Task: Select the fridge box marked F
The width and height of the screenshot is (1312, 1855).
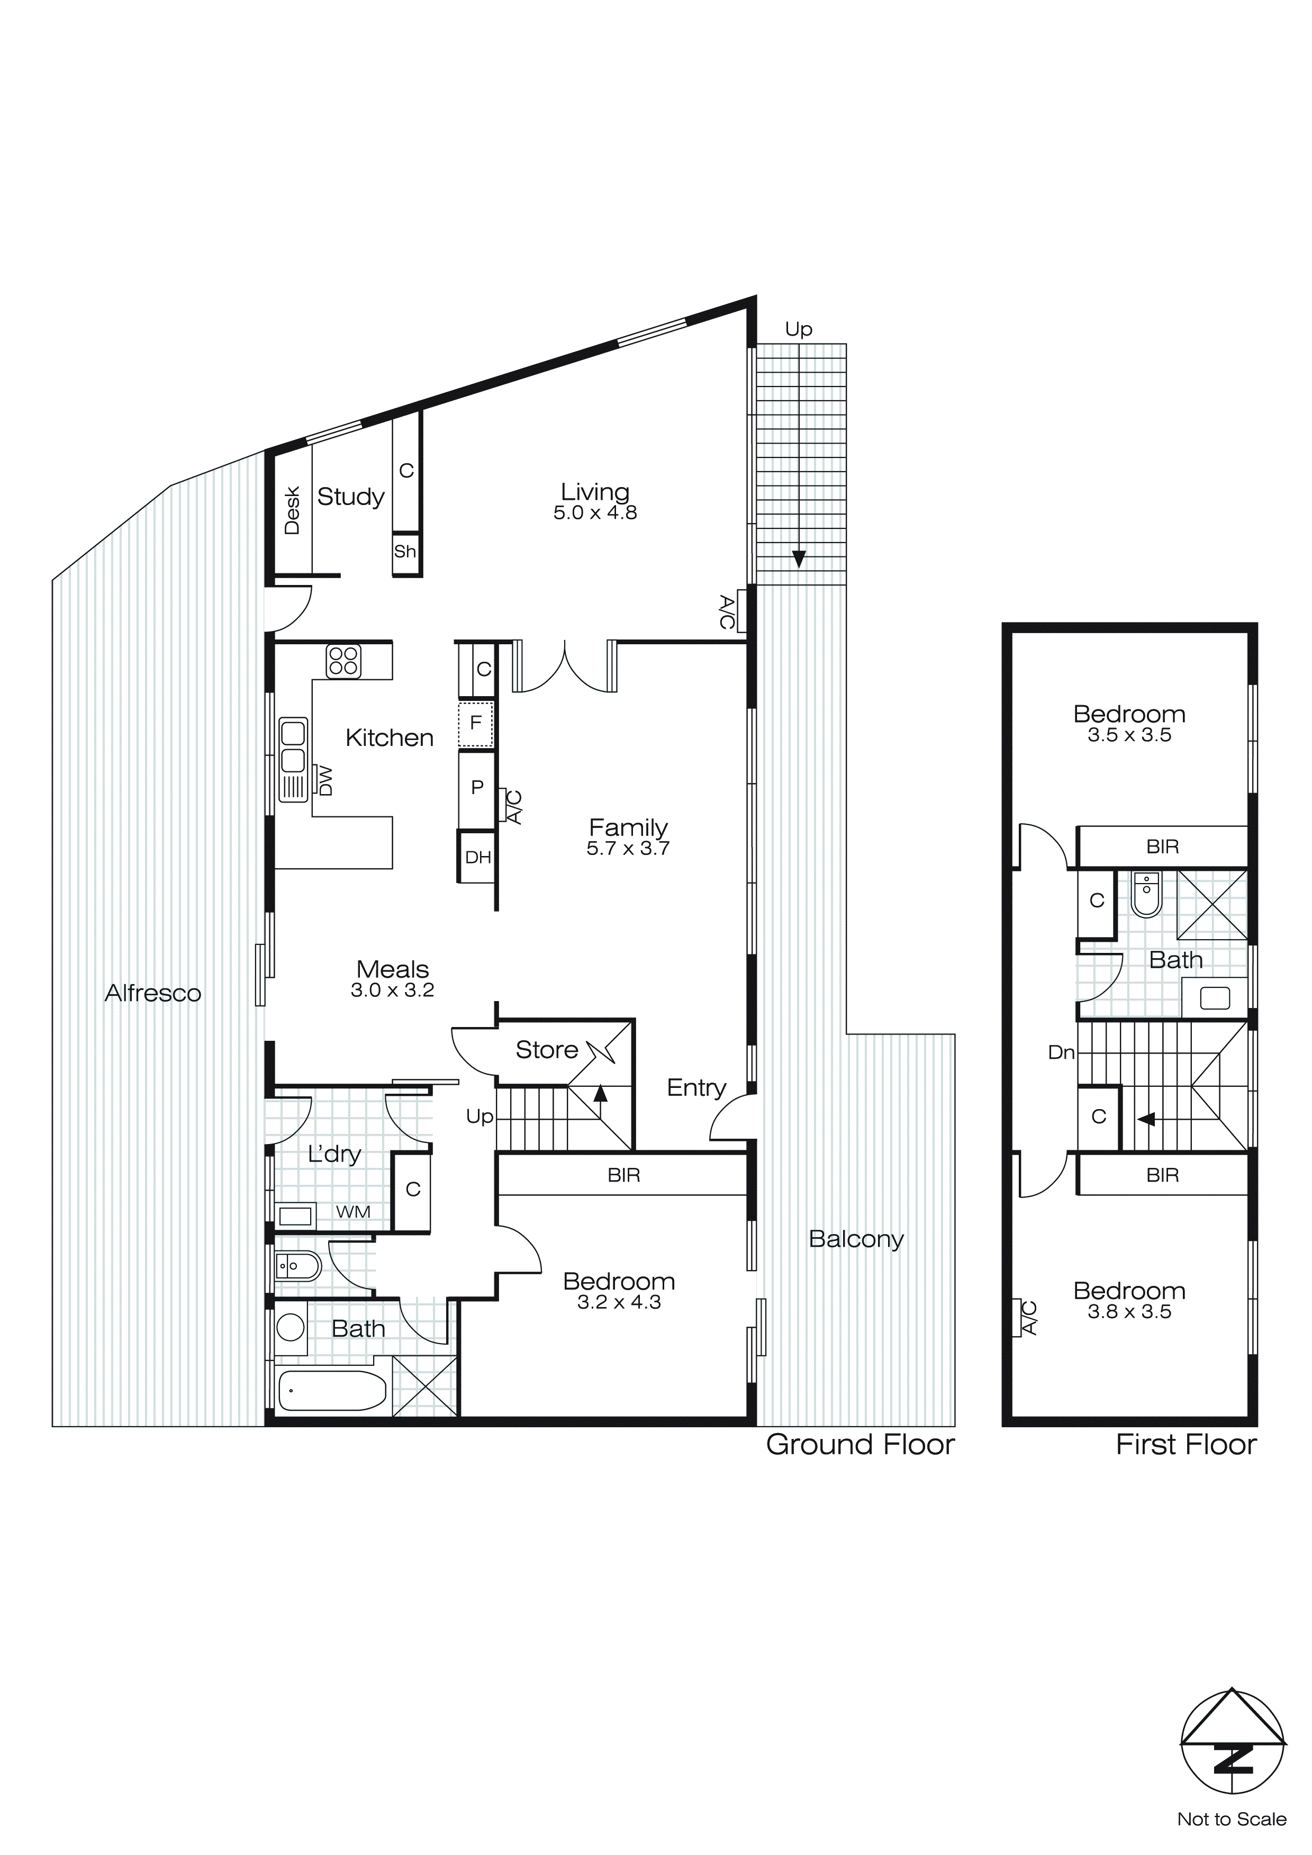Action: tap(476, 722)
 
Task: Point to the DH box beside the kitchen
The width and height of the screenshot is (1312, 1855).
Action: tap(477, 857)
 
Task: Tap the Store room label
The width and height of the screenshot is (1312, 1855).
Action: tap(547, 1049)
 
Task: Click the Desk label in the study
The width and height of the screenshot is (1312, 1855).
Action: tap(292, 511)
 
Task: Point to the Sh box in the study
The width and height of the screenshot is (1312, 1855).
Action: tap(405, 552)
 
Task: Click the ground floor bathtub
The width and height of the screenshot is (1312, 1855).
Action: tap(332, 1391)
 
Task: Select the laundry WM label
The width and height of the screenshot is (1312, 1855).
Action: tap(353, 1212)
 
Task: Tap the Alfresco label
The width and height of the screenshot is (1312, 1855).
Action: tap(153, 993)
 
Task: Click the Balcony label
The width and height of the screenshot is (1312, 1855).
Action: tap(856, 1239)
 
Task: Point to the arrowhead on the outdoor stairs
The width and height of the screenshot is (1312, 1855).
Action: tap(799, 559)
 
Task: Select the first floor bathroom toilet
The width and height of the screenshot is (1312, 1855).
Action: tap(1146, 894)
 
